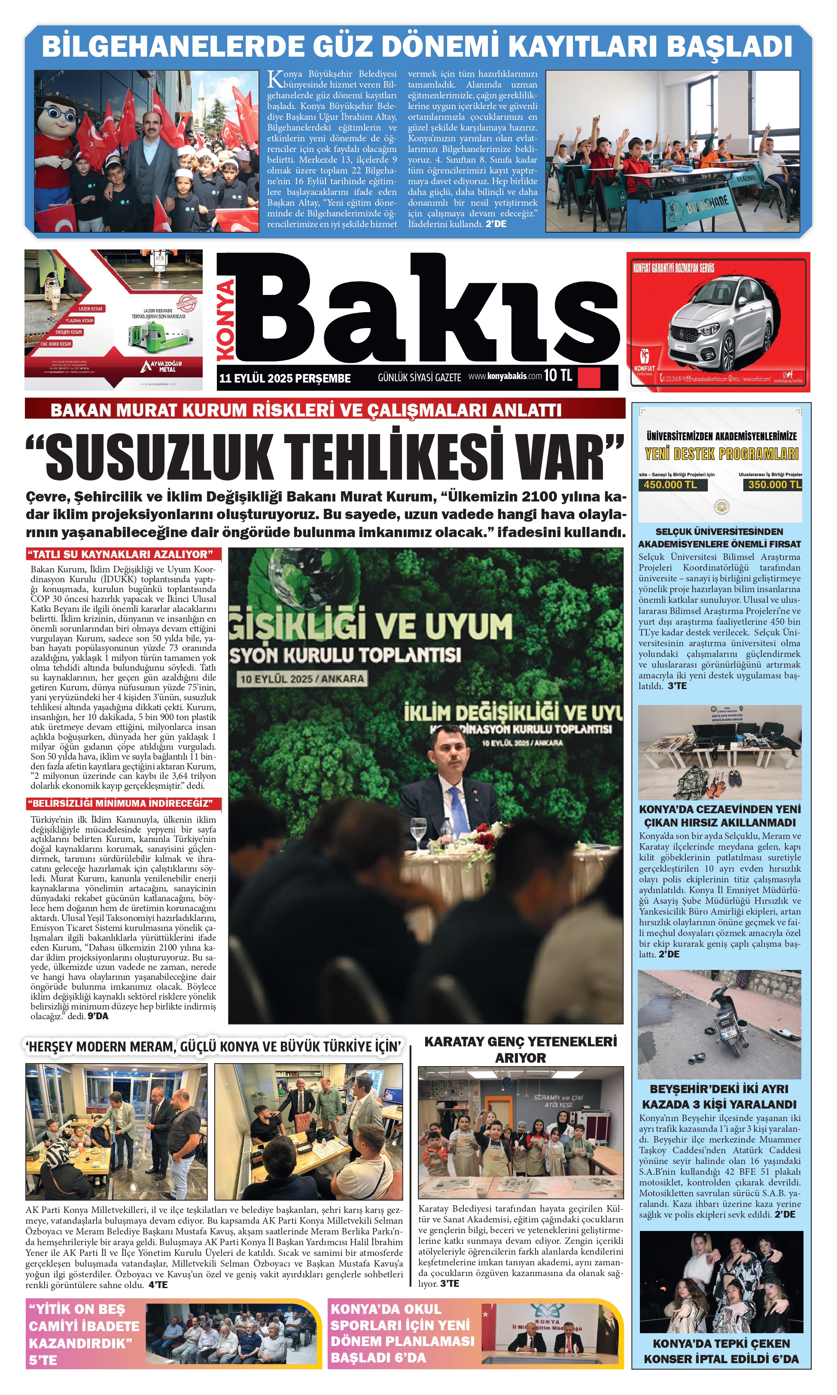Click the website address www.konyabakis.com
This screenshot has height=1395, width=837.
(x=505, y=376)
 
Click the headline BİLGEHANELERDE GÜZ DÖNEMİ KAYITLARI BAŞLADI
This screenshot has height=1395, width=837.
(x=417, y=46)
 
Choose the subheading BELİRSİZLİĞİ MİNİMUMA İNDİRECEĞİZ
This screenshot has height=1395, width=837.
(x=122, y=803)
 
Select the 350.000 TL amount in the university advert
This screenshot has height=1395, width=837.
(x=774, y=484)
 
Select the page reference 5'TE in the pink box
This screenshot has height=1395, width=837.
(x=43, y=1360)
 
